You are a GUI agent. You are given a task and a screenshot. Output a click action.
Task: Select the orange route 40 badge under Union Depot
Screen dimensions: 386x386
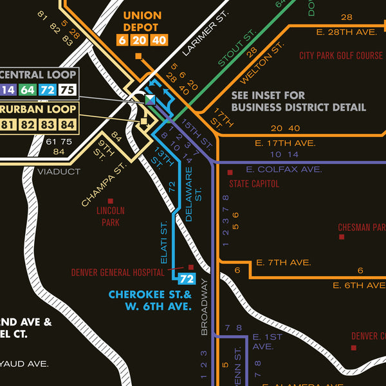(x=159, y=40)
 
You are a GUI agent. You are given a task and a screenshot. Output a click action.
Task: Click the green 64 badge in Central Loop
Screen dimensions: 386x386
(x=28, y=90)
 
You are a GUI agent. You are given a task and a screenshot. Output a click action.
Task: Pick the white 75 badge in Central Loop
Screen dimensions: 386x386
(x=68, y=90)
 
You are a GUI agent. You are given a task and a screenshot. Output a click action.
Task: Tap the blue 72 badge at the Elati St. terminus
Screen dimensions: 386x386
(x=186, y=279)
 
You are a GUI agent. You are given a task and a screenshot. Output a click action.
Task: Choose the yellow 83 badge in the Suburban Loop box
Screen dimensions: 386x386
(x=47, y=124)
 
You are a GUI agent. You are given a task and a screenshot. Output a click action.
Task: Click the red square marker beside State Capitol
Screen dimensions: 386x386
(x=230, y=172)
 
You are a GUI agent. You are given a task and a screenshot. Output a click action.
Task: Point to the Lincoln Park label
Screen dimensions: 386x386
(x=111, y=216)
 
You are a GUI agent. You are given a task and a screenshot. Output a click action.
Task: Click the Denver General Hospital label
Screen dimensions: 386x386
(x=118, y=273)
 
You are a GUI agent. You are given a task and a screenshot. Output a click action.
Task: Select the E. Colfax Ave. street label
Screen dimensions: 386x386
(x=283, y=169)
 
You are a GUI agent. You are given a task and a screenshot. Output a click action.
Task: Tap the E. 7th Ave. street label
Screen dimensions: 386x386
(x=283, y=262)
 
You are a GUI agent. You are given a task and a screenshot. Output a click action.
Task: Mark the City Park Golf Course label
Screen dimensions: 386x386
(x=341, y=56)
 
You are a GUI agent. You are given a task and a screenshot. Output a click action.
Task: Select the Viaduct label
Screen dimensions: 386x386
(x=59, y=172)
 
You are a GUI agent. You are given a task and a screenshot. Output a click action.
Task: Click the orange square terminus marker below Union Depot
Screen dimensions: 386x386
(x=138, y=57)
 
